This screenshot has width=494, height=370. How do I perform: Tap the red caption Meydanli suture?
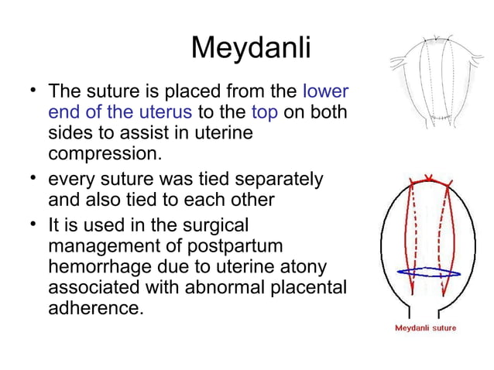(x=425, y=327)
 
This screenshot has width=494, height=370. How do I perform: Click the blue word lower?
(x=325, y=91)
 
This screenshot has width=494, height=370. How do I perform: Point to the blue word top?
(x=265, y=112)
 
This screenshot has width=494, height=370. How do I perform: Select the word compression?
(x=105, y=153)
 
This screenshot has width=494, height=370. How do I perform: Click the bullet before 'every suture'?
(x=31, y=180)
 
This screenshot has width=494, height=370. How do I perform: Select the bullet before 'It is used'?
(x=31, y=226)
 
